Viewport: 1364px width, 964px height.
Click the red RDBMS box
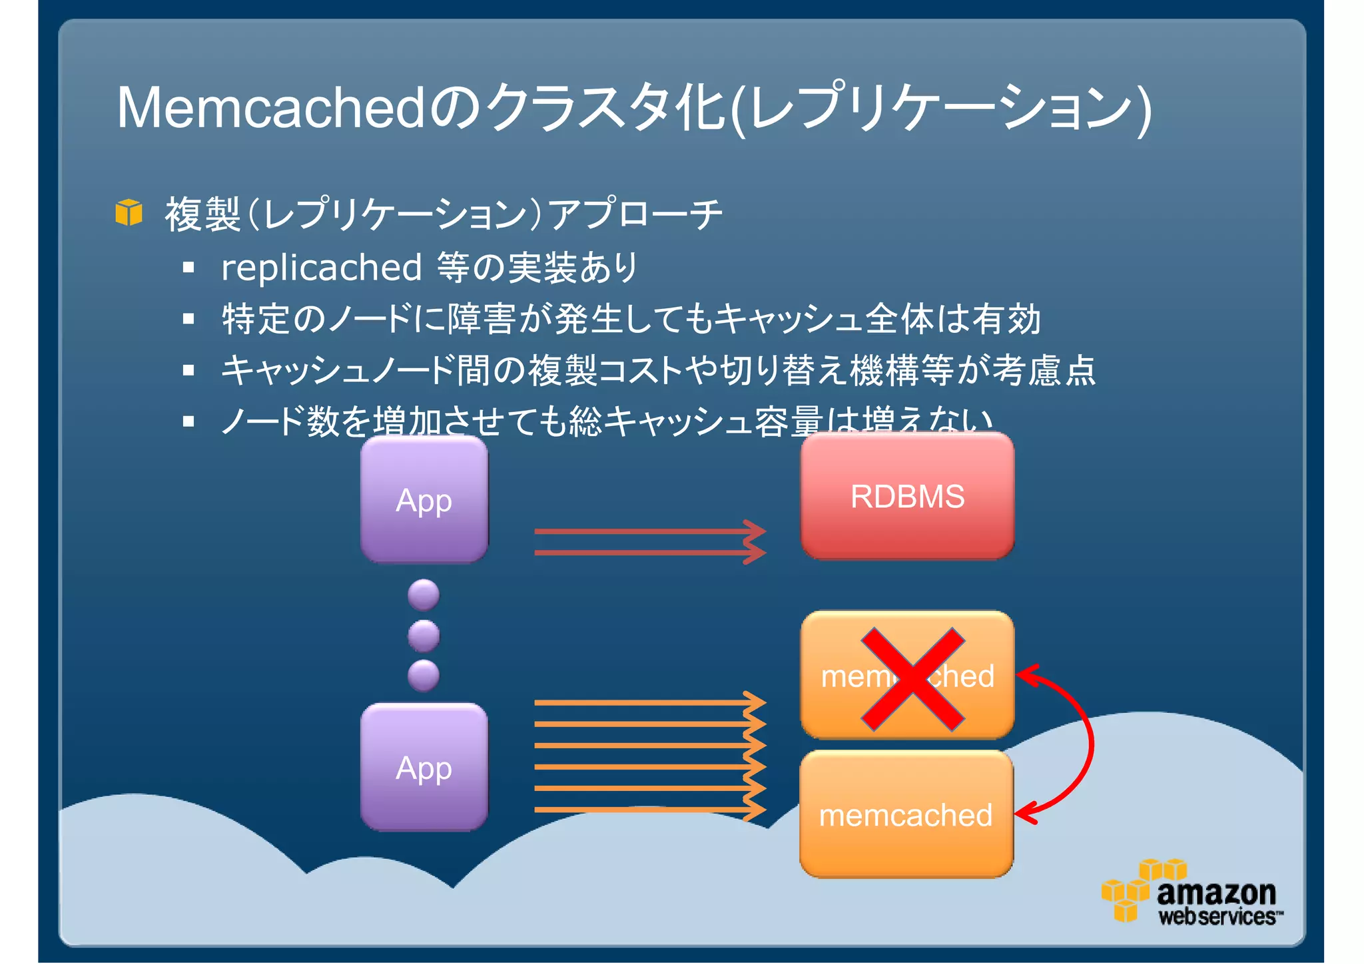(907, 496)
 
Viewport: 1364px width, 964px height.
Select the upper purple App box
(424, 499)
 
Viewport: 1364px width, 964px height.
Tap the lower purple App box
(424, 767)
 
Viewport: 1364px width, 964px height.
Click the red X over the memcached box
(912, 679)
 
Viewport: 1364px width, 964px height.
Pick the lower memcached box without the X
(906, 814)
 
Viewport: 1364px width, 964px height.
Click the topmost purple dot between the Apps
(424, 595)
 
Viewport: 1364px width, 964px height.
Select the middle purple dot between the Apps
(424, 635)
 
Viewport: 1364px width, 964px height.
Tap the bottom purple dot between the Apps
(424, 675)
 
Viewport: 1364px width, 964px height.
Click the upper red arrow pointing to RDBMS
(649, 531)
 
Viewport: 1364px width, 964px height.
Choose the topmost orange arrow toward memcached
(649, 702)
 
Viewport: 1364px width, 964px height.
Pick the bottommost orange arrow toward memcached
(649, 810)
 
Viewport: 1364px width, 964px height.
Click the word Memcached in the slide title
(270, 108)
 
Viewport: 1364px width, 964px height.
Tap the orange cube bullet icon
(129, 212)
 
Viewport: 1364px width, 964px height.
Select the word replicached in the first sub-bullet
(322, 268)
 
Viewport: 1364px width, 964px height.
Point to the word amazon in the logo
(1216, 892)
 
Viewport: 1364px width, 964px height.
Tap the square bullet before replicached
(188, 268)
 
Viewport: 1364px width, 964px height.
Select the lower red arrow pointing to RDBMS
(649, 553)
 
